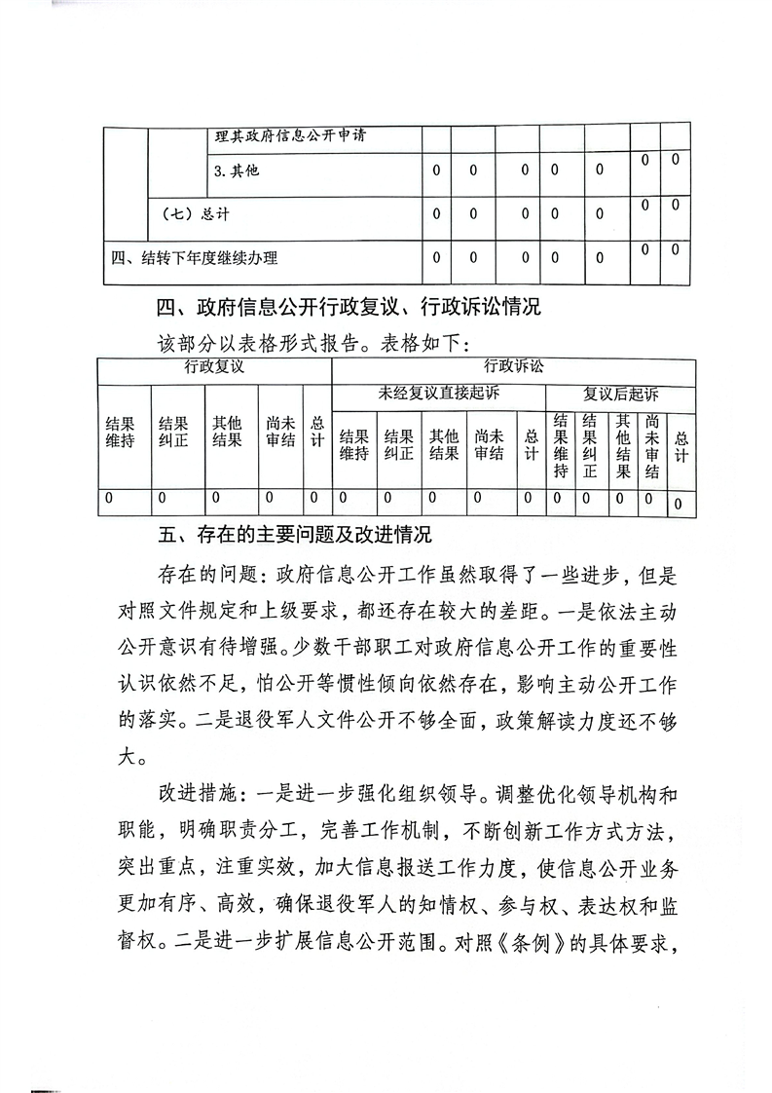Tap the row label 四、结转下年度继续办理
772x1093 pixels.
pyautogui.click(x=195, y=258)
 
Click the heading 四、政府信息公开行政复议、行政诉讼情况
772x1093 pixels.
pyautogui.click(x=348, y=309)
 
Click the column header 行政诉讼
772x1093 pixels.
pyautogui.click(x=514, y=367)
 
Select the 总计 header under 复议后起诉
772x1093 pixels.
pyautogui.click(x=681, y=447)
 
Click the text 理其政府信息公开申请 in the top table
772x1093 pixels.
pyautogui.click(x=283, y=136)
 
